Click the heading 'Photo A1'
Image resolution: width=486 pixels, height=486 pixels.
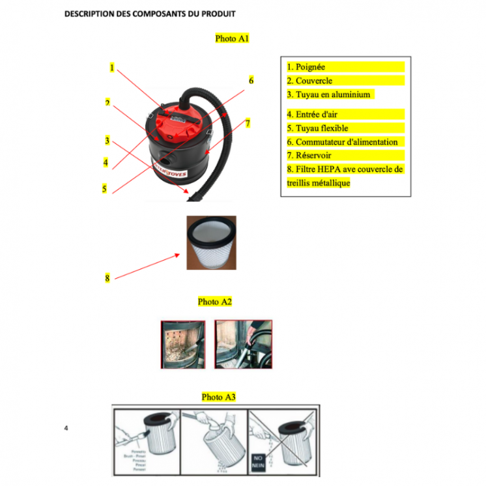coord(232,38)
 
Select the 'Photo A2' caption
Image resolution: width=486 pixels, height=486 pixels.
coord(215,302)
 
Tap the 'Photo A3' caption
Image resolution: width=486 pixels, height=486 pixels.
coord(218,397)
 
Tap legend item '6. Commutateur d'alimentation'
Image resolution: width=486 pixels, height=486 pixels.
coord(346,142)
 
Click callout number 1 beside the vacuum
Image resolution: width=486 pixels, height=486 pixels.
coord(112,67)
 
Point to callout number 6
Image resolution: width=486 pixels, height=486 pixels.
coord(251,81)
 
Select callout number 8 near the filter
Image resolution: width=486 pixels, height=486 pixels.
coord(107,278)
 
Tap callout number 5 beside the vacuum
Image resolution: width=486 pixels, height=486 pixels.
coord(104,189)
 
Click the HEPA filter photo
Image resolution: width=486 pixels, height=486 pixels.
coord(211,242)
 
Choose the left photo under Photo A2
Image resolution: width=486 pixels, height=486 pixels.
coord(182,344)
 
